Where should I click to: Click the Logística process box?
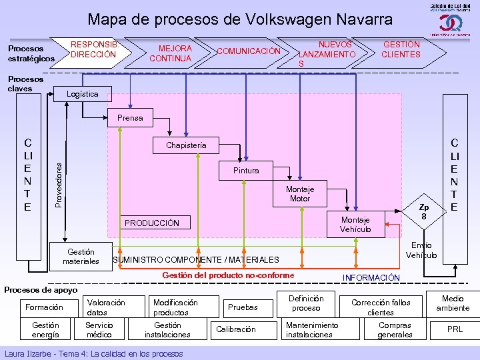[x=83, y=94]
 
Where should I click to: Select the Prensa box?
[x=130, y=118]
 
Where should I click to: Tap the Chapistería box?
[x=186, y=145]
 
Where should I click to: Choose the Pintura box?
[x=246, y=171]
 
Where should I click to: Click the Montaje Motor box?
[x=299, y=194]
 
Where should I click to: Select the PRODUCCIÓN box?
[x=150, y=223]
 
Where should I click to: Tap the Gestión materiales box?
[x=81, y=256]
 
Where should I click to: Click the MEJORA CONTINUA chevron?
[x=171, y=53]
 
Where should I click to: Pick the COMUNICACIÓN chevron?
[x=249, y=51]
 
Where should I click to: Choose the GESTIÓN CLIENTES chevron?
[x=401, y=49]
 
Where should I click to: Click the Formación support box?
[x=44, y=307]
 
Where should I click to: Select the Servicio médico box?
[x=99, y=329]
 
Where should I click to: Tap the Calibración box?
[x=235, y=329]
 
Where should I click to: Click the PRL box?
[x=455, y=329]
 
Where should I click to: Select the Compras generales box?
[x=395, y=329]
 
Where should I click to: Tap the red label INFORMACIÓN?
[x=371, y=277]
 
